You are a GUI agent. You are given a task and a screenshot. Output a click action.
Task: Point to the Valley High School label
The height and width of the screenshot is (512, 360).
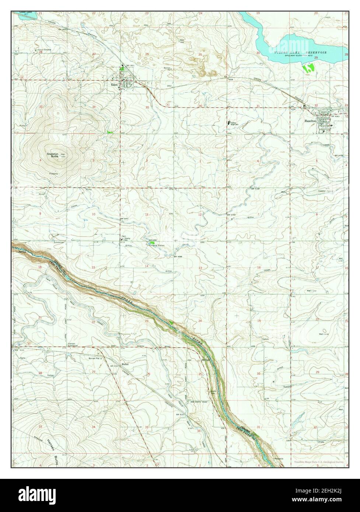coord(234,124)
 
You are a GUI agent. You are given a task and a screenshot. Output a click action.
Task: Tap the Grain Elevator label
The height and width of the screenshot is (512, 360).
coord(43,49)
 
